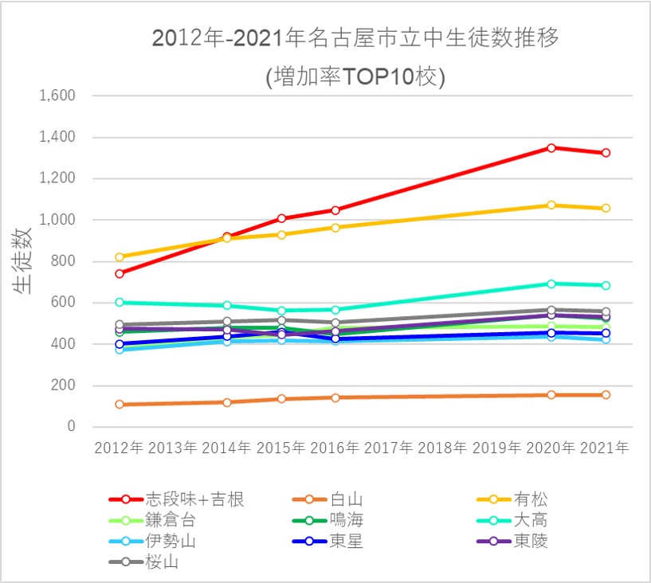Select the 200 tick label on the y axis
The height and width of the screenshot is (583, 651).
[63, 385]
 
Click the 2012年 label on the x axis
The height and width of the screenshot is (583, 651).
[119, 448]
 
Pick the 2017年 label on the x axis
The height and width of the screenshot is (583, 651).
[390, 448]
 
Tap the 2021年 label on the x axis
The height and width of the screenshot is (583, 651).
[606, 448]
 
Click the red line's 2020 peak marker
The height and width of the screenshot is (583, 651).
[551, 147]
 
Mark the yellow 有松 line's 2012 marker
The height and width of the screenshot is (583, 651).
[120, 257]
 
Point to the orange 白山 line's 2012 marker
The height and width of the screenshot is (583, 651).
[120, 405]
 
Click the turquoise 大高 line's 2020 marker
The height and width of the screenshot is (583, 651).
[551, 284]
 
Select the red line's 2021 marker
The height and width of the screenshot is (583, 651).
[606, 153]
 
